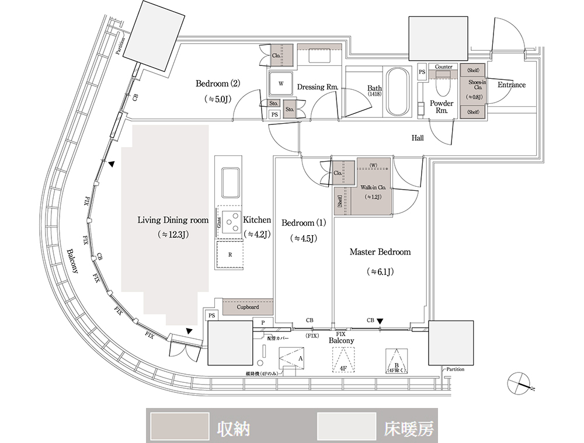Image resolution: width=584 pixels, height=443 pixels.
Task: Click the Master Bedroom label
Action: [380, 252]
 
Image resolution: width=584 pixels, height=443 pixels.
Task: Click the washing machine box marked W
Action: [281, 83]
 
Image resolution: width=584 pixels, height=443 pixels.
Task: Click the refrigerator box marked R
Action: [230, 254]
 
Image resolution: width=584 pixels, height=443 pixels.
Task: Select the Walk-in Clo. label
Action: [373, 188]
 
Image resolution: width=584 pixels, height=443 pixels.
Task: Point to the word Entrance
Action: [512, 85]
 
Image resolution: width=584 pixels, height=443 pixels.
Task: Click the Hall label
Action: [418, 138]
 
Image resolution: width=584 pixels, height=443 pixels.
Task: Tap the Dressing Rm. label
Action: [318, 87]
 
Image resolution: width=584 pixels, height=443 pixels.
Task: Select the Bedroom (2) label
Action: [218, 83]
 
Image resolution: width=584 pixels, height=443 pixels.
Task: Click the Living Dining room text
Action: [173, 220]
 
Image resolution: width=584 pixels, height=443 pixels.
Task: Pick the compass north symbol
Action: [520, 382]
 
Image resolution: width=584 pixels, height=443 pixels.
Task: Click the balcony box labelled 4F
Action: [343, 360]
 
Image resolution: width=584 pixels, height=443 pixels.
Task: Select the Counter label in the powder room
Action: [444, 67]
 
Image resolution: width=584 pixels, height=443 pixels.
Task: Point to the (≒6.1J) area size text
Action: [380, 272]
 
